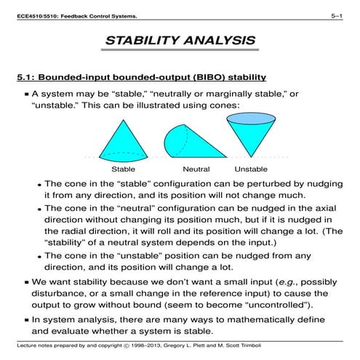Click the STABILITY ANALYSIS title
(180, 41)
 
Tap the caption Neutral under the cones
(196, 168)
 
